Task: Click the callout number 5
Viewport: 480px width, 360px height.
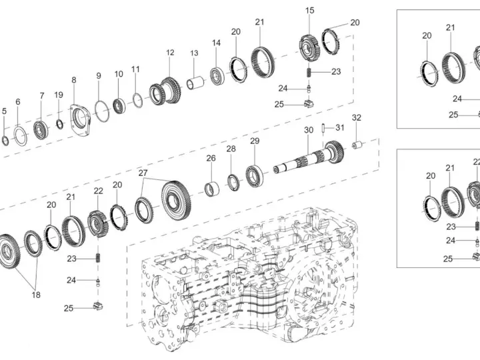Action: pos(4,111)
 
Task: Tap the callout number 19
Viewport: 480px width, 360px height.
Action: pos(59,95)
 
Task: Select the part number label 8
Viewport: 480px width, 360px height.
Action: pos(74,80)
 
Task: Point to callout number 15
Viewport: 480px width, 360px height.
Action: pos(309,11)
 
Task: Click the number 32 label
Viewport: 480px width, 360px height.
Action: pos(356,117)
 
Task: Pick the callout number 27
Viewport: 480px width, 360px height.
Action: pos(143,173)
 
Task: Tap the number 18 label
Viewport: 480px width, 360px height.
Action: pos(36,295)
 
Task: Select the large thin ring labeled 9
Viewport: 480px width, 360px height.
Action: pos(101,111)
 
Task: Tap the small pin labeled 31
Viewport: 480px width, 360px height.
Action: pos(323,128)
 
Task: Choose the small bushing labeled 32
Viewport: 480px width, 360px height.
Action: pos(357,145)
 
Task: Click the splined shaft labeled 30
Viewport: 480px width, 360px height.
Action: pos(309,156)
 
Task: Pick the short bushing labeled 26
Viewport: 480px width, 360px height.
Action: pos(212,189)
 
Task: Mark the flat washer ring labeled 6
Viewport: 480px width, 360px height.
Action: pos(21,136)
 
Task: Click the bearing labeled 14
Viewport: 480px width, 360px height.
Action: pos(217,75)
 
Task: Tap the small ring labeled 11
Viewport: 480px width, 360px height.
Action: pos(138,100)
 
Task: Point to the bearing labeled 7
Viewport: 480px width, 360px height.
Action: pos(41,130)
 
